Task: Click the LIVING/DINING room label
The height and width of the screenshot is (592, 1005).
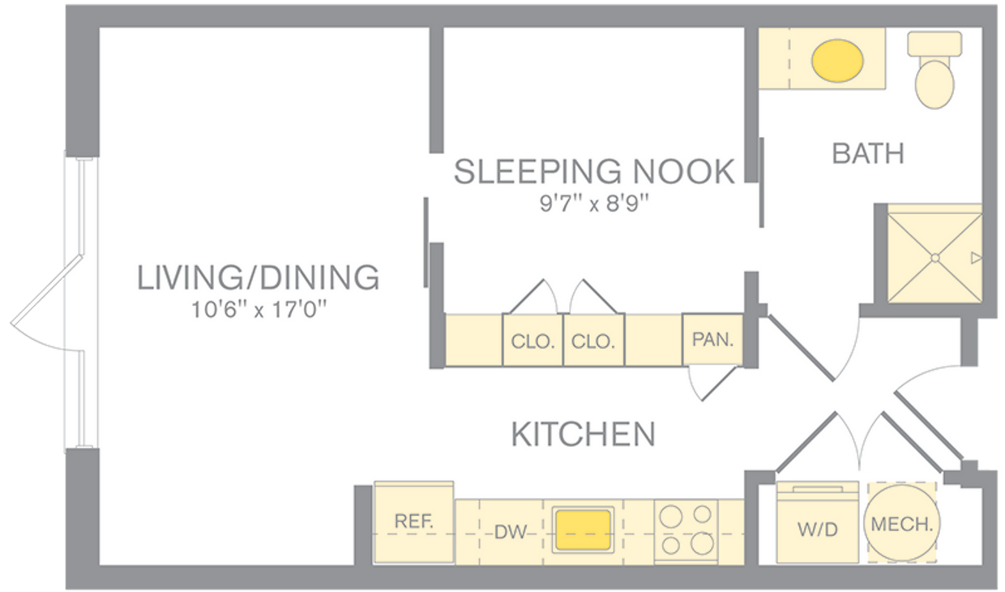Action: click(257, 277)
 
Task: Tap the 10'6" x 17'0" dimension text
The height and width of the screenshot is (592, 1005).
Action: click(257, 311)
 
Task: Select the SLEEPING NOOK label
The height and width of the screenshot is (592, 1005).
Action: click(594, 172)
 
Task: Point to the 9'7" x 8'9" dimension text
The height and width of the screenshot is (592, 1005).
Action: click(594, 203)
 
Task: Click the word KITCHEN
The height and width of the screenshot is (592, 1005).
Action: click(583, 435)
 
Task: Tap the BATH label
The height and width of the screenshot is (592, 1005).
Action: click(868, 154)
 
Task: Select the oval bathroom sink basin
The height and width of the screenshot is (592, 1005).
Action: click(838, 59)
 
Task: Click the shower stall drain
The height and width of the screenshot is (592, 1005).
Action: click(934, 257)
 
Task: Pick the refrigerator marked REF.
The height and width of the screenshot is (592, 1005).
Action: click(413, 522)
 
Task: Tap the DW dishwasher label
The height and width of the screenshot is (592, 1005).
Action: click(511, 533)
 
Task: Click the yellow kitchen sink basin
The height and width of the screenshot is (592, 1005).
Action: click(583, 530)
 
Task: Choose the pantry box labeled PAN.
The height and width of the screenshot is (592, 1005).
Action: click(712, 339)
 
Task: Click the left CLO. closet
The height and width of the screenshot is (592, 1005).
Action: click(532, 341)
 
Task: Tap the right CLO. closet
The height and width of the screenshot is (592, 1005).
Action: click(593, 341)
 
